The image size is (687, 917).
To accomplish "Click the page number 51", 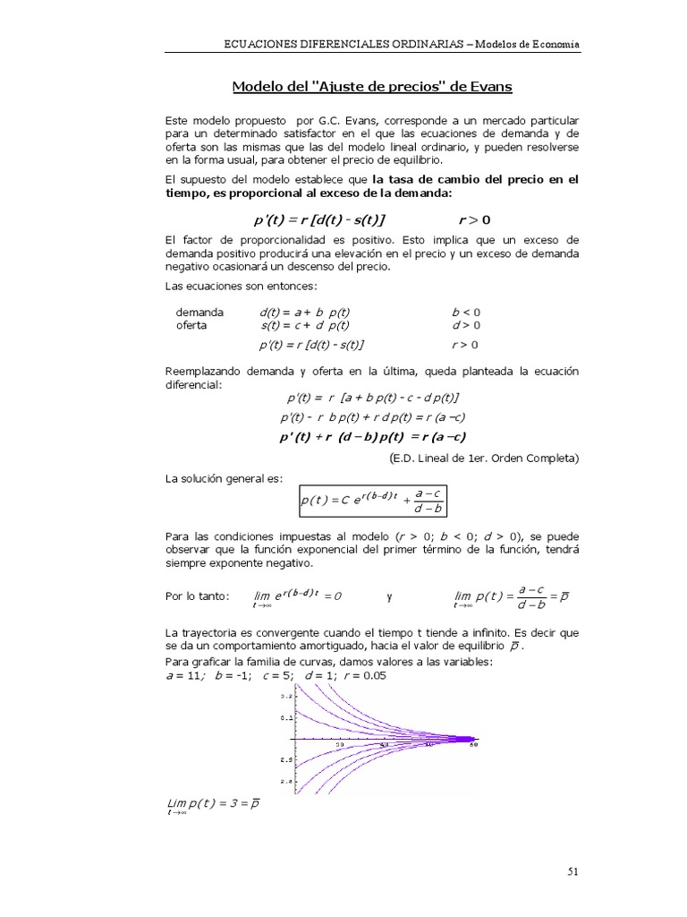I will pos(573,870).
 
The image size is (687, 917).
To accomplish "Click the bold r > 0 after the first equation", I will pos(474,219).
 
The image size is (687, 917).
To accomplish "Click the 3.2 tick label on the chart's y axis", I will pos(286,696).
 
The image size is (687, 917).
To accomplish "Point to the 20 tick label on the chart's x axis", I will pos(340,745).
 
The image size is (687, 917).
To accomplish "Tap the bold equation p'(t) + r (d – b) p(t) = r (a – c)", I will pos(373,437).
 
